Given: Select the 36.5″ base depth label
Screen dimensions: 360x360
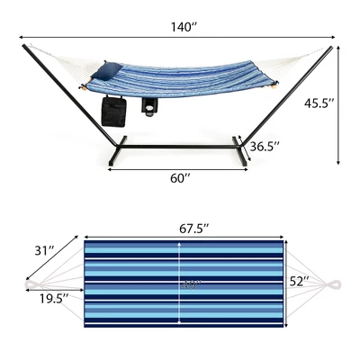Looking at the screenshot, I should point(263,145).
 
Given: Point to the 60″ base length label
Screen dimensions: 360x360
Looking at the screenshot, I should point(181,178).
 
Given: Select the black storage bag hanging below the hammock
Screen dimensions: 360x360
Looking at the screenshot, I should point(113,112).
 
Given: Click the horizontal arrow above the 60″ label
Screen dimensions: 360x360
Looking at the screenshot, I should point(183,165).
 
